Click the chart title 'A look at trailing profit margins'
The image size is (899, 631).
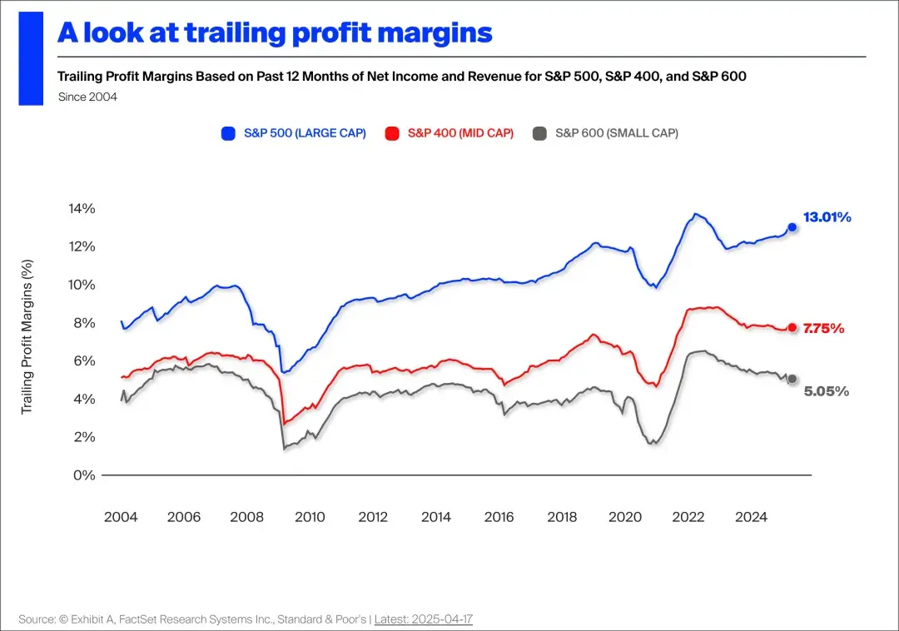click(275, 32)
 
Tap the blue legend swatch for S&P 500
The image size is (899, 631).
click(228, 133)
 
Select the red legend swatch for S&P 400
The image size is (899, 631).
click(392, 133)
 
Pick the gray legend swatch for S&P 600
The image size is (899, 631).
click(539, 133)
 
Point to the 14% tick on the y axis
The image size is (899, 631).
click(82, 208)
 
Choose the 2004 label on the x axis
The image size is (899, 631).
click(121, 517)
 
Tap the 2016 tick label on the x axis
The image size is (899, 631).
click(499, 517)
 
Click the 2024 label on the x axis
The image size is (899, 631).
click(751, 517)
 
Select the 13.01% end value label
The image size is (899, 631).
click(827, 217)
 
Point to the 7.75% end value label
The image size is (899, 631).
click(823, 329)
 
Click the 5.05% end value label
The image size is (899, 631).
click(826, 391)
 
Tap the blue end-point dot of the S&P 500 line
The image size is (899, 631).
click(792, 227)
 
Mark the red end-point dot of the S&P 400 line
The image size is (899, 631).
click(792, 328)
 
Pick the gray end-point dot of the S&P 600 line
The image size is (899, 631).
click(792, 379)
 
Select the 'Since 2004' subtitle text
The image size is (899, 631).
click(87, 97)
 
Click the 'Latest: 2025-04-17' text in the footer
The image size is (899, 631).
click(424, 619)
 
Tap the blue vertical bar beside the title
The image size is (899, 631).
click(31, 58)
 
